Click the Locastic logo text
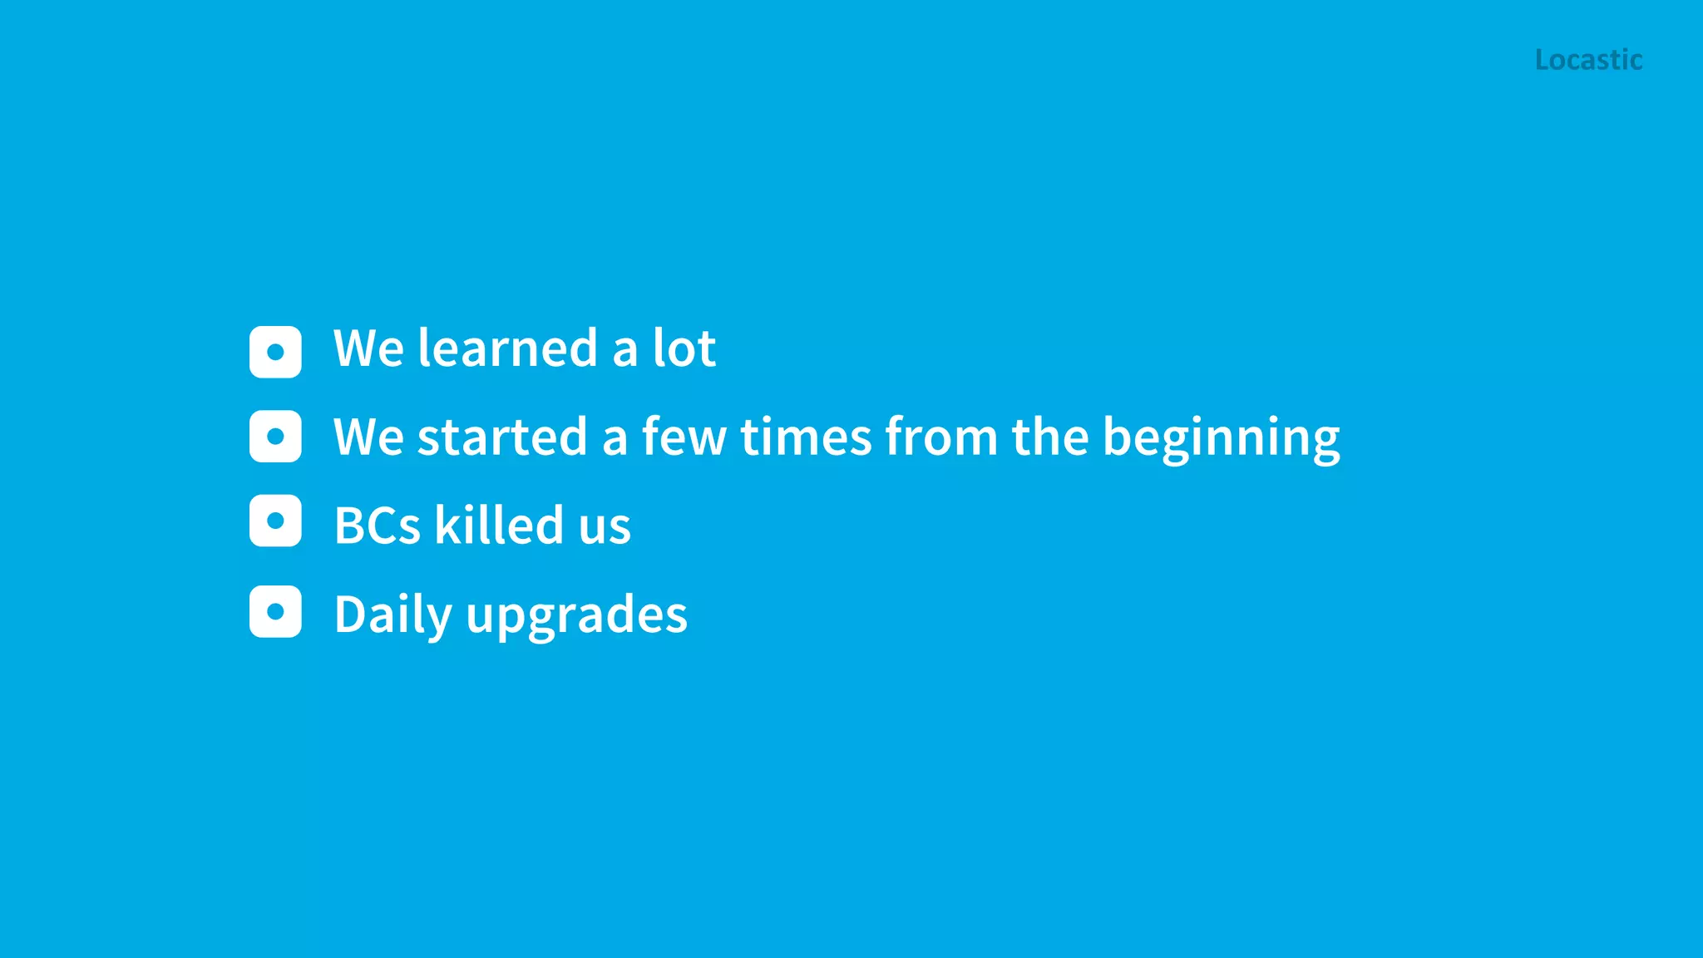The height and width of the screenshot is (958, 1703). pos(1588,60)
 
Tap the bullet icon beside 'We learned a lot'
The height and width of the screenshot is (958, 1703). pos(275,352)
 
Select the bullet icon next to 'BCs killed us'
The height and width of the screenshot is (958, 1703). pos(275,521)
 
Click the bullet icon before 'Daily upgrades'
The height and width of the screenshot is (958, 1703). pos(275,611)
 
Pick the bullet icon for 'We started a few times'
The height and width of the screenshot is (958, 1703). pos(275,436)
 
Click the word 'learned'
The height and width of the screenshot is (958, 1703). pos(507,348)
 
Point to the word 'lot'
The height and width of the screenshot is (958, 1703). pos(684,348)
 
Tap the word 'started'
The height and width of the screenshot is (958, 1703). pos(502,437)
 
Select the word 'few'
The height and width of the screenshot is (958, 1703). pos(684,437)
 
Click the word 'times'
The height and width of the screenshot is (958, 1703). pos(806,437)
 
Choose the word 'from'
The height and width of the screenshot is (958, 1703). pos(941,437)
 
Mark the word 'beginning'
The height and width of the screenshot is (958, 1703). pos(1221,438)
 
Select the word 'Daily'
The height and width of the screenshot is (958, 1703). pos(393,615)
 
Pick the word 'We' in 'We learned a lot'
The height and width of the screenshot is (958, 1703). pos(368,348)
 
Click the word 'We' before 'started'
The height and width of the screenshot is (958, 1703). pos(368,437)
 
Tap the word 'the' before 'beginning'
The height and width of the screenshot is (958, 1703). pos(1049,437)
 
